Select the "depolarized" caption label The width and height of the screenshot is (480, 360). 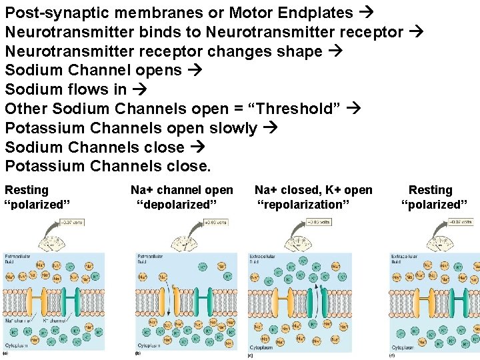click(x=177, y=205)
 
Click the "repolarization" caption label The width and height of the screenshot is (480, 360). click(x=303, y=205)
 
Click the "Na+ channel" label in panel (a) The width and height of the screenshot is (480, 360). click(x=17, y=321)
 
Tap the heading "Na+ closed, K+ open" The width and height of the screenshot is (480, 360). click(x=313, y=191)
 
